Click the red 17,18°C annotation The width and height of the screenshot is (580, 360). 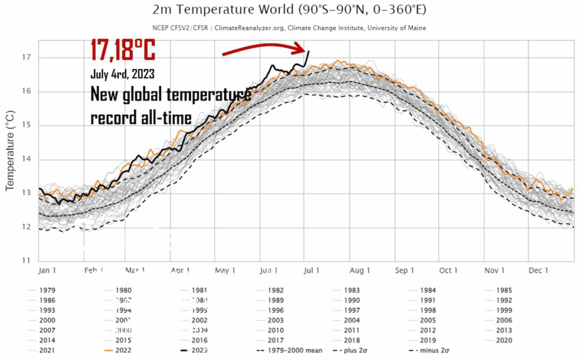[x=123, y=50]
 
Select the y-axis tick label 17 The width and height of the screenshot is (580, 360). [x=26, y=57]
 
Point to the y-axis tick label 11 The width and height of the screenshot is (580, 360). [x=26, y=261]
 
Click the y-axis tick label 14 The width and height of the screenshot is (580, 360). [x=26, y=159]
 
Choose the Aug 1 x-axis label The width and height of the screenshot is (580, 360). [x=360, y=271]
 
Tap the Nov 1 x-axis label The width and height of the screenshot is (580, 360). [x=494, y=271]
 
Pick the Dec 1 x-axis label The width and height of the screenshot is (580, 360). [x=538, y=271]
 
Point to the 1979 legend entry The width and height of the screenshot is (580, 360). [x=47, y=290]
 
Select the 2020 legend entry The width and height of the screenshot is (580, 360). [x=504, y=341]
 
